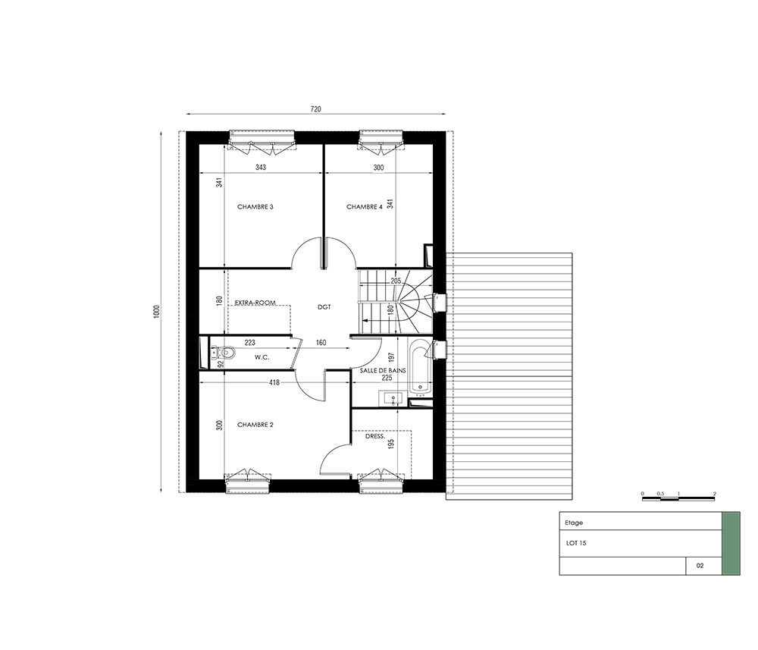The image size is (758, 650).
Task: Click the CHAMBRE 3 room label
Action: [x=255, y=207]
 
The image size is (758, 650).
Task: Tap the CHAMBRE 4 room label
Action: [x=365, y=207]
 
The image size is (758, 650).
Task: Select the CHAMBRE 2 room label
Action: [x=255, y=425]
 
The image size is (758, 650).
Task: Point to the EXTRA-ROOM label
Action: [x=255, y=303]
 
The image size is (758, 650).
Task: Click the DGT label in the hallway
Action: [x=324, y=307]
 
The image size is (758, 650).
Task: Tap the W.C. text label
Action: [x=262, y=357]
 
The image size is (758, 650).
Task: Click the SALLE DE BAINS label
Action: [x=383, y=370]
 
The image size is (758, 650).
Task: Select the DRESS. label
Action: [x=375, y=436]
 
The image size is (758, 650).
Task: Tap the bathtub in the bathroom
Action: [x=420, y=366]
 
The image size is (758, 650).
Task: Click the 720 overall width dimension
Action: [x=315, y=109]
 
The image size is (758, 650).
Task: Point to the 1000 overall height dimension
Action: [x=155, y=311]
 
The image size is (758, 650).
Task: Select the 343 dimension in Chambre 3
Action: [x=261, y=168]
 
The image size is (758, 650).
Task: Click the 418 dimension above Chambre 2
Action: [x=274, y=382]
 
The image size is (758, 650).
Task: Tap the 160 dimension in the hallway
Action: [x=321, y=343]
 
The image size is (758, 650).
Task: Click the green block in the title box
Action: [x=731, y=544]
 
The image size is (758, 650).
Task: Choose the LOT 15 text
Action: [x=576, y=543]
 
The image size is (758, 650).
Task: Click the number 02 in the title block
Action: [x=700, y=566]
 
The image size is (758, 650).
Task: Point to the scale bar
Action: [x=678, y=498]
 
